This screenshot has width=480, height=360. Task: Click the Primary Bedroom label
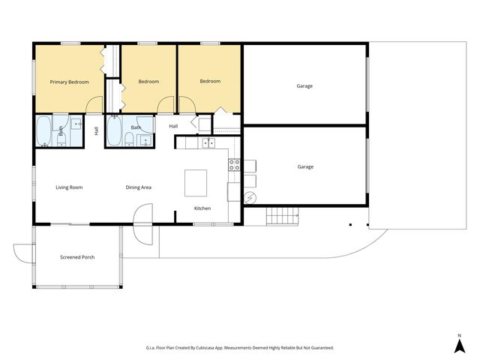[70, 82]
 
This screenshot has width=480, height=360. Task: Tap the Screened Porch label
[77, 257]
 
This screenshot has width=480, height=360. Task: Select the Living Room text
[69, 187]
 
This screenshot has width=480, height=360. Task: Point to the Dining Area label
[138, 187]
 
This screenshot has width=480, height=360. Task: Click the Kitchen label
[202, 208]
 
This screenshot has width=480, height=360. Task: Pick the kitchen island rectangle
[196, 183]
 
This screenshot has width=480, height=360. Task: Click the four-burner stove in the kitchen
[234, 165]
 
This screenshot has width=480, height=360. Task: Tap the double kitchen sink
[208, 143]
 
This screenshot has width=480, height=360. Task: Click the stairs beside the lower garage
[282, 217]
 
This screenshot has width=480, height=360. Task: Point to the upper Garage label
[304, 86]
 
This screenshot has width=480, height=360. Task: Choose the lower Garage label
[305, 166]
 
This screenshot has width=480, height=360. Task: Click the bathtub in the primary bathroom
[43, 131]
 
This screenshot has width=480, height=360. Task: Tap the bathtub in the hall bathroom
[114, 130]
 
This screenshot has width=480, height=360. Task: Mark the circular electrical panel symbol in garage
[250, 198]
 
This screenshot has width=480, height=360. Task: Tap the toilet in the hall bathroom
[130, 139]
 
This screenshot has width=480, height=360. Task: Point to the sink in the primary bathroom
[76, 124]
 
